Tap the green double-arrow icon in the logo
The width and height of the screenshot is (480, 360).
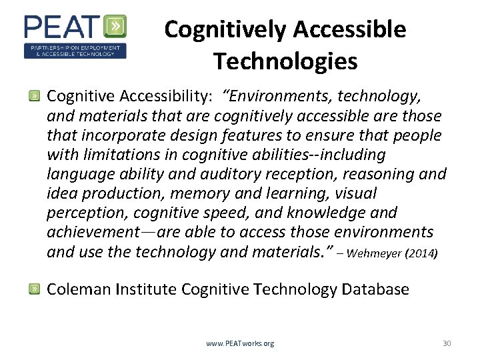click(116, 27)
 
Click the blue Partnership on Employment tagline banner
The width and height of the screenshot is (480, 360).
click(75, 51)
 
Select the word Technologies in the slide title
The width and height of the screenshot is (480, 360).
click(285, 61)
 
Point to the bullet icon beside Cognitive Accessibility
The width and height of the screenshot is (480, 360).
click(33, 97)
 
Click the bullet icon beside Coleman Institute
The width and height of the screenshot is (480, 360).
click(33, 289)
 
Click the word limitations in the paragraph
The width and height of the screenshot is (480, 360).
click(117, 155)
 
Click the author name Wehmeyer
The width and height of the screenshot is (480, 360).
click(373, 253)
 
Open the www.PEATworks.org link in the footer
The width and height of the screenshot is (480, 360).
click(240, 344)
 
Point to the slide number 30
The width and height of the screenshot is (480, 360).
click(447, 344)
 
